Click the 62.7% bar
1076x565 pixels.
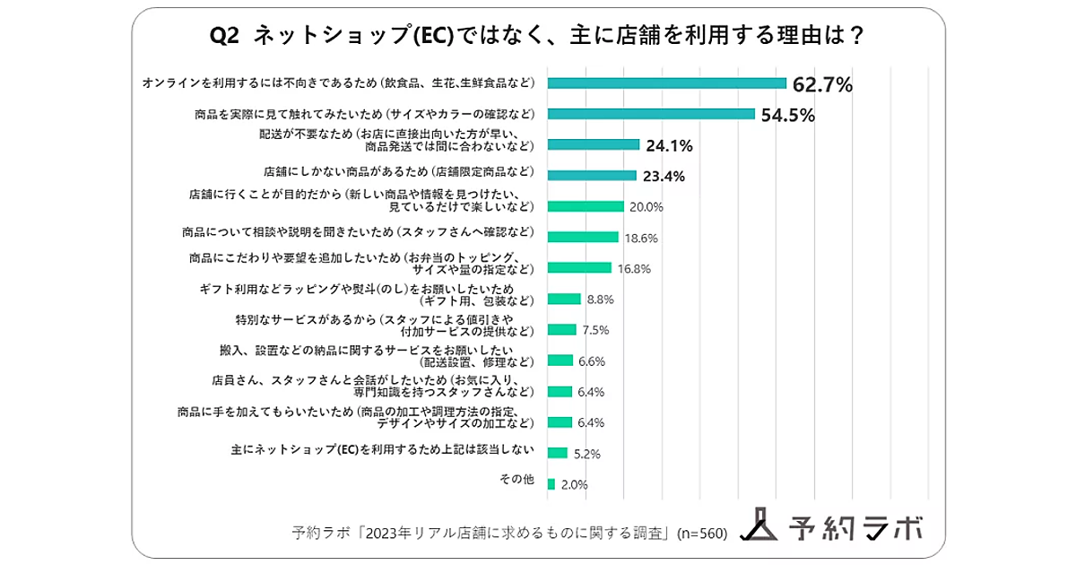(666, 83)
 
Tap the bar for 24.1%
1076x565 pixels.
(593, 144)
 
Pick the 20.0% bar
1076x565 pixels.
(585, 206)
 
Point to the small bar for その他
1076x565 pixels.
(551, 483)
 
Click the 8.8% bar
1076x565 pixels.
(564, 299)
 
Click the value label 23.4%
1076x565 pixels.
(664, 176)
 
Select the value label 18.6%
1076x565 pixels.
(642, 238)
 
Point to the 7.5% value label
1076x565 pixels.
(595, 330)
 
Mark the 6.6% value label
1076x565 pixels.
(592, 361)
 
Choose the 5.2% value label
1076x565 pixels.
(586, 454)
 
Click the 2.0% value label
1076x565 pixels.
(574, 484)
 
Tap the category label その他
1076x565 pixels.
(516, 480)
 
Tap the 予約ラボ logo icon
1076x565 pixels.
(759, 526)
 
